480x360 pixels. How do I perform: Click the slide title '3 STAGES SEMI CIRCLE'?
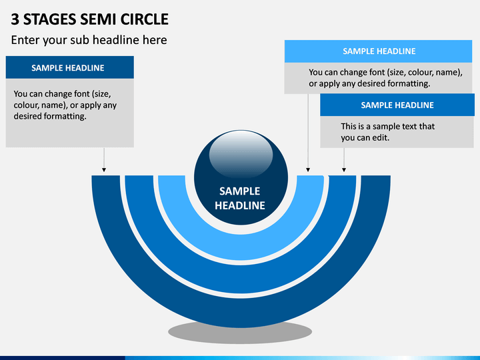click(x=89, y=19)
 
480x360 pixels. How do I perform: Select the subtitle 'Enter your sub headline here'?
click(x=89, y=40)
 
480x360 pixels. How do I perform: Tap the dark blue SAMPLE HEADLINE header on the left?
click(x=70, y=67)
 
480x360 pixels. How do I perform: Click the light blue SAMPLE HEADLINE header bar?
click(x=379, y=51)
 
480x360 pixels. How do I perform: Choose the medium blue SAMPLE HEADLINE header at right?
click(x=397, y=105)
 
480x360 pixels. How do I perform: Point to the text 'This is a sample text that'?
click(x=387, y=126)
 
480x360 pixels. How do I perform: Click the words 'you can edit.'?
click(x=365, y=138)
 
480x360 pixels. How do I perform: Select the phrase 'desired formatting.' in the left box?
click(x=50, y=116)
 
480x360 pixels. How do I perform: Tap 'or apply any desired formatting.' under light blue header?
click(x=369, y=83)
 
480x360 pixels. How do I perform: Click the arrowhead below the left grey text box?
click(x=104, y=169)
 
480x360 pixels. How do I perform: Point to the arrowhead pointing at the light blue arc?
click(x=308, y=169)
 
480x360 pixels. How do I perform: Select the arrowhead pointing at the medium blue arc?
click(x=344, y=169)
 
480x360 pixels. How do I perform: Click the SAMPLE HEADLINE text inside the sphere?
click(x=240, y=199)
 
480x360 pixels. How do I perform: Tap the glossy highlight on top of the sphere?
click(x=241, y=154)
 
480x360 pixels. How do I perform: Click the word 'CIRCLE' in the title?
click(x=145, y=19)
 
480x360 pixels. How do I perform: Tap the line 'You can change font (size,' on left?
click(x=62, y=94)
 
